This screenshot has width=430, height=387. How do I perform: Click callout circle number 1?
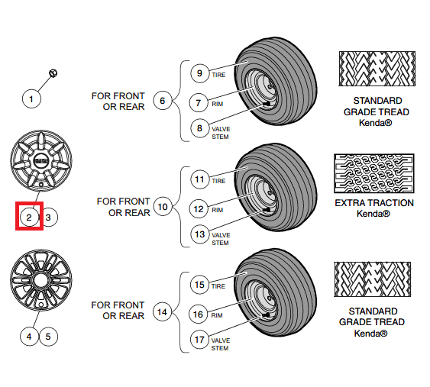31,98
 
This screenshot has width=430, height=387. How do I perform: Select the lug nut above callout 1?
53,73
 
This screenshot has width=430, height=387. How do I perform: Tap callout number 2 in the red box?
29,218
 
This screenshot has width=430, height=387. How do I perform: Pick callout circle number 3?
48,218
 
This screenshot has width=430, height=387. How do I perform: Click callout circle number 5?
48,337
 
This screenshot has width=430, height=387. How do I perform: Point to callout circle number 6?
163,100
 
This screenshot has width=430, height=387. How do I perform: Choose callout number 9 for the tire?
199,73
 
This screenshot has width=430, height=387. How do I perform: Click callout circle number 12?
199,209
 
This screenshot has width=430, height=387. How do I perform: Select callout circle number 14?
162,312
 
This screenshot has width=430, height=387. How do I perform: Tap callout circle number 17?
199,340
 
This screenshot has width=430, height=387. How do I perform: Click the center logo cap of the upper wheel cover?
41,161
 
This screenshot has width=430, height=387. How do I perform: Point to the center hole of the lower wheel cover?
40,280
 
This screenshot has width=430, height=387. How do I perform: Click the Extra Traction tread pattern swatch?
374,173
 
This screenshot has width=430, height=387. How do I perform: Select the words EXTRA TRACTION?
374,203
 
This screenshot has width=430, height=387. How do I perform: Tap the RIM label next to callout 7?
218,104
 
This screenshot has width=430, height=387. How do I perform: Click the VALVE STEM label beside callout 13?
221,239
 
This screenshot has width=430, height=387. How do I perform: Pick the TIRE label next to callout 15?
218,286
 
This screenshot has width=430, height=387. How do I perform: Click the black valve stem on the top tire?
267,104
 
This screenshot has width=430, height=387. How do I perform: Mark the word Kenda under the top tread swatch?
376,123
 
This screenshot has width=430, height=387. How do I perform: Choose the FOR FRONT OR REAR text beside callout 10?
124,207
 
